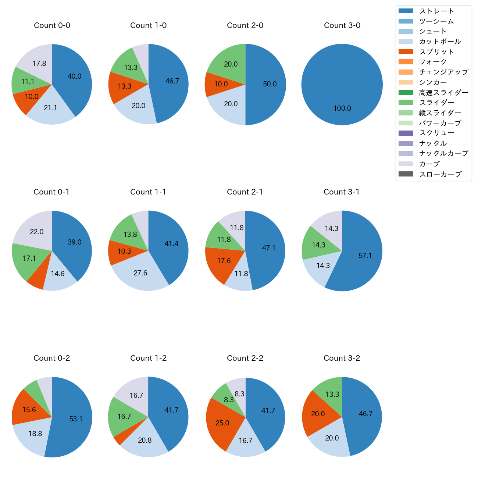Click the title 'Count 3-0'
coord(342,25)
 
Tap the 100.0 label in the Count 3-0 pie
coord(342,108)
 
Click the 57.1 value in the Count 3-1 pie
coord(365,256)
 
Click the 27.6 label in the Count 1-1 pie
coord(140,273)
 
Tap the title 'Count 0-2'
coord(52,358)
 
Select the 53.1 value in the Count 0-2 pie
coord(76,419)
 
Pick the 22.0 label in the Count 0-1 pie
coord(37,232)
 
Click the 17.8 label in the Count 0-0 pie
coord(39,63)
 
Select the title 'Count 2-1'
coord(245,192)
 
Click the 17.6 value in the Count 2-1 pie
coord(224,261)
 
